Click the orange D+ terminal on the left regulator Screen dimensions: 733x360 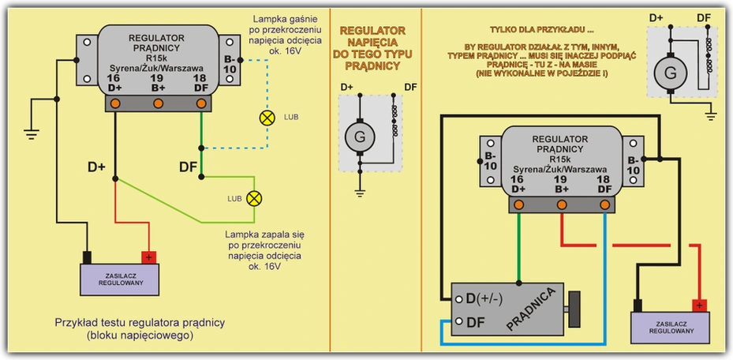pyautogui.click(x=115, y=103)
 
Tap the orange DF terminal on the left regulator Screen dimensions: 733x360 pyautogui.click(x=201, y=103)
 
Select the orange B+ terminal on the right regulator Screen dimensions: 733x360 pyautogui.click(x=562, y=204)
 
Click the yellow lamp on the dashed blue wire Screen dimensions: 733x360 pyautogui.click(x=267, y=118)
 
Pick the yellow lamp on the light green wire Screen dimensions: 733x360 pyautogui.click(x=254, y=198)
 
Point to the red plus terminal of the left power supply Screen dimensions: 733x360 pyautogui.click(x=149, y=257)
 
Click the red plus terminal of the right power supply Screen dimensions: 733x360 pyautogui.click(x=699, y=306)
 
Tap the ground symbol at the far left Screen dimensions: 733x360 pyautogui.click(x=32, y=133)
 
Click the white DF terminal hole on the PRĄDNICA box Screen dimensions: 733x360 pyautogui.click(x=459, y=321)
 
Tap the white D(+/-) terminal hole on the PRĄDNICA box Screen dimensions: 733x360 pyautogui.click(x=459, y=298)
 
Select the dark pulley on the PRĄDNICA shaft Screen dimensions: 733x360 pyautogui.click(x=574, y=309)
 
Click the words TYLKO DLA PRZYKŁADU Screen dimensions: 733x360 pyautogui.click(x=542, y=30)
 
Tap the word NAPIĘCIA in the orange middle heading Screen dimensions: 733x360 pyautogui.click(x=372, y=43)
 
